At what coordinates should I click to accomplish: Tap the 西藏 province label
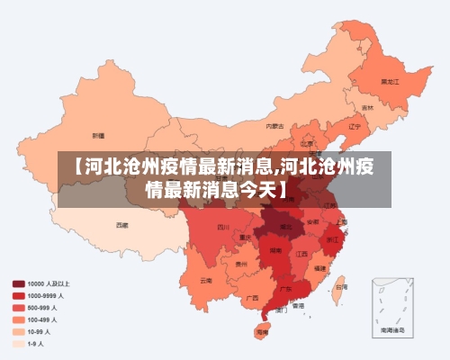(x=121, y=224)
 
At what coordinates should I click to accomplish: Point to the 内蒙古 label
(x=274, y=126)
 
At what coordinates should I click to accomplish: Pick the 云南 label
(x=207, y=280)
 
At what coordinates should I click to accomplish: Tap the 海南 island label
(x=262, y=332)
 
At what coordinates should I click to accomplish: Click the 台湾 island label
(x=340, y=288)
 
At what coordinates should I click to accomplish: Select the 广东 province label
(x=284, y=290)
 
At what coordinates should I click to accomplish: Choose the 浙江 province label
(x=333, y=238)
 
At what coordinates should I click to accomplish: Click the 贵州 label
(x=240, y=265)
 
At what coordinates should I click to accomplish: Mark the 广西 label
(x=253, y=297)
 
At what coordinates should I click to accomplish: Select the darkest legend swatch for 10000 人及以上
(x=19, y=283)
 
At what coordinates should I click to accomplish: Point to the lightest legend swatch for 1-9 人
(x=19, y=343)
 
